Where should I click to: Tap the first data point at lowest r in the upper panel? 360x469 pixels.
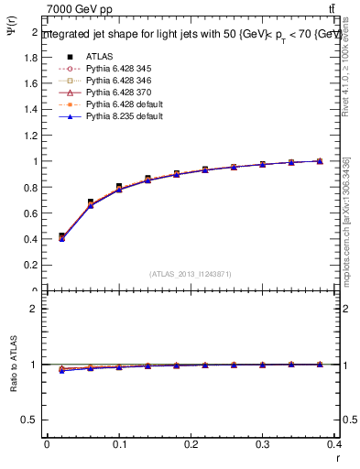tap(61, 236)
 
